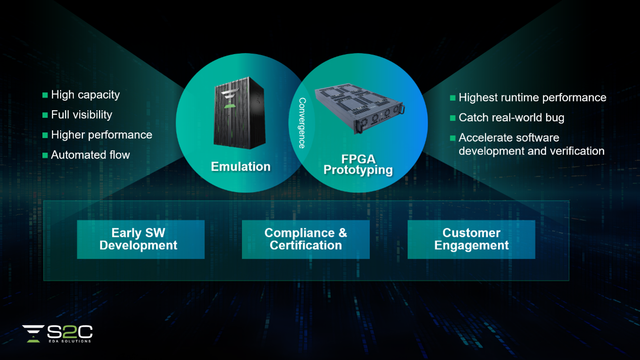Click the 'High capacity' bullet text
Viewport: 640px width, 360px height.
click(x=85, y=95)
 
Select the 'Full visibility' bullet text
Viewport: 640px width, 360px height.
click(x=81, y=115)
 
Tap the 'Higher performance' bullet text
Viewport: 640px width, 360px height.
click(x=101, y=135)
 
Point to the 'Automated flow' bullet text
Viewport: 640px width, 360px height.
click(x=90, y=155)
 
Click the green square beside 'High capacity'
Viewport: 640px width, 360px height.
click(x=45, y=95)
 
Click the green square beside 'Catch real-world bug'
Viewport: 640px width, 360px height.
click(x=453, y=118)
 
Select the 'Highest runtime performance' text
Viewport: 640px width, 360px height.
click(x=532, y=97)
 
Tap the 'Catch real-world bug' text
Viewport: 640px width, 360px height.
click(x=511, y=118)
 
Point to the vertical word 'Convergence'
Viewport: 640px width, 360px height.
click(x=302, y=123)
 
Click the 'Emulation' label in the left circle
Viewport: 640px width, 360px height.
click(x=241, y=167)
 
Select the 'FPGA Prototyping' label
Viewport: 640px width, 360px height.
click(x=358, y=165)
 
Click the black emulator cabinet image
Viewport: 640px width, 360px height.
click(x=239, y=113)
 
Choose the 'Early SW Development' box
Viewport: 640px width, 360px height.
click(x=141, y=239)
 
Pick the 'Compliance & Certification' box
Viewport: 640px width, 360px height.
click(x=306, y=239)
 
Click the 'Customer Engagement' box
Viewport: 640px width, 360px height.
click(x=471, y=239)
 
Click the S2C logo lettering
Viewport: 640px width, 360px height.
click(x=70, y=332)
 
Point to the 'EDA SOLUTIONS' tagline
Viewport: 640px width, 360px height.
click(x=70, y=341)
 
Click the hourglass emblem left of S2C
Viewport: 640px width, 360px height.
click(x=33, y=334)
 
